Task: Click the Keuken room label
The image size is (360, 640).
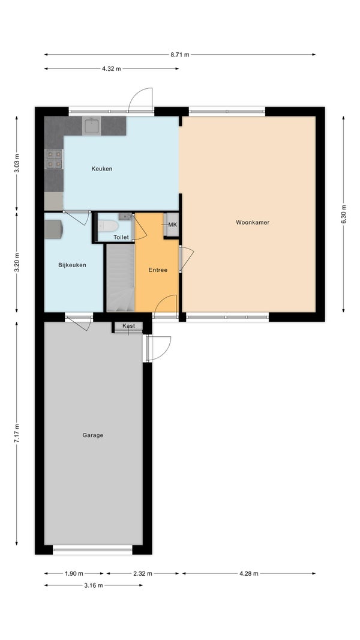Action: [x=101, y=169]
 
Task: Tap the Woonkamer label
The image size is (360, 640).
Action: [x=253, y=223]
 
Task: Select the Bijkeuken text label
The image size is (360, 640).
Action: [x=72, y=265]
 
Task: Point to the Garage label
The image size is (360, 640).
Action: [x=92, y=435]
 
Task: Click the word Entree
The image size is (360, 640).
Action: [x=158, y=270]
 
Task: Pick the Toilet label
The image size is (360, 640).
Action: [x=121, y=237]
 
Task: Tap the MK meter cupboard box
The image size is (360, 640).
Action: [x=172, y=225]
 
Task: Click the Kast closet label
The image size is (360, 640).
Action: [x=128, y=326]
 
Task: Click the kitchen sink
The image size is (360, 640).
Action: [x=92, y=126]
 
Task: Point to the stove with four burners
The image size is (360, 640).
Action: [x=54, y=158]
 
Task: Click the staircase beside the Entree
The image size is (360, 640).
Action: [x=120, y=277]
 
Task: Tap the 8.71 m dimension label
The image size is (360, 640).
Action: [x=180, y=54]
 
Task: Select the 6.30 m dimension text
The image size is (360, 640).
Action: [x=343, y=214]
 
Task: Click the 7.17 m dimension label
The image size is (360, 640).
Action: [x=17, y=433]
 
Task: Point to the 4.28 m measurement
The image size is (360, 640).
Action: [x=248, y=573]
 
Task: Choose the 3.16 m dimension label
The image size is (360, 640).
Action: [x=94, y=585]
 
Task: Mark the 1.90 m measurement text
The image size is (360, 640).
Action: [x=74, y=573]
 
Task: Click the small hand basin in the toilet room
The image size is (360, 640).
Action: [x=125, y=216]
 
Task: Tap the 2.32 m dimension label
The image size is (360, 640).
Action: [x=143, y=573]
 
